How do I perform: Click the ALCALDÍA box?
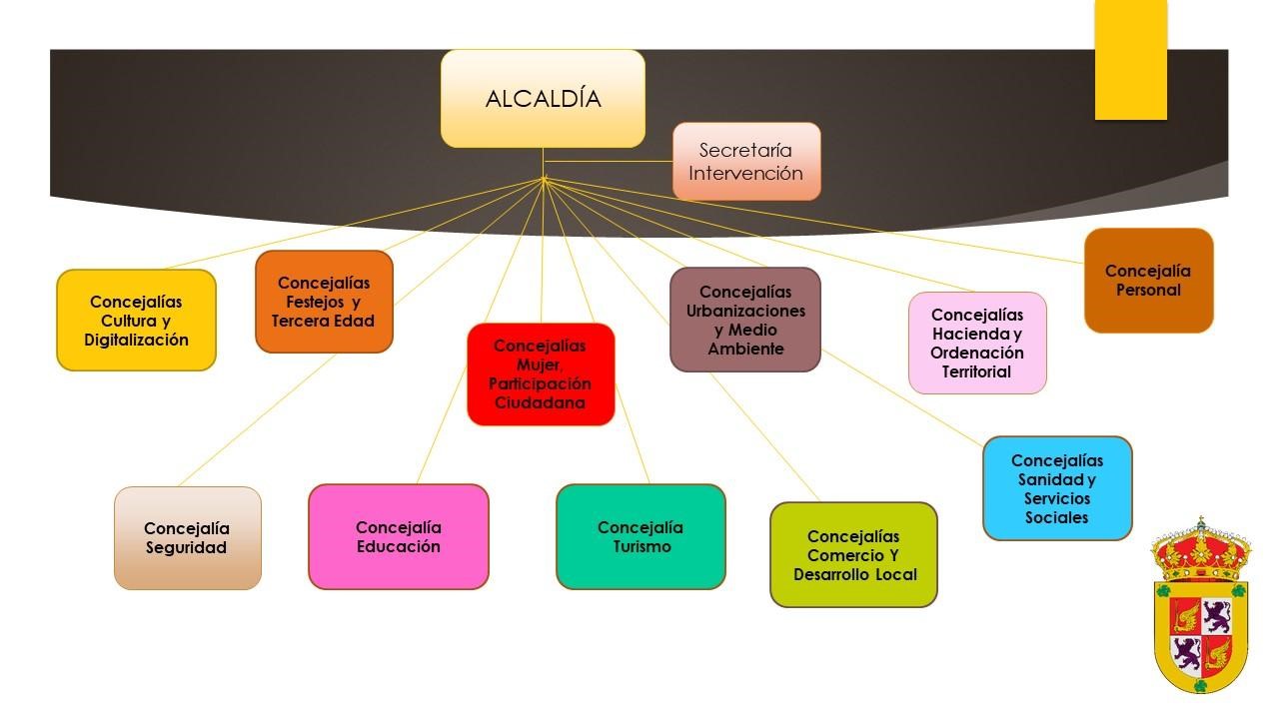tap(543, 99)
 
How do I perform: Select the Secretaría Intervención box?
tap(746, 162)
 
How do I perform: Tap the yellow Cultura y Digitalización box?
tap(136, 321)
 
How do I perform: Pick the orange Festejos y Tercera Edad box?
tap(324, 302)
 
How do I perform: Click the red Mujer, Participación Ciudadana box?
tap(541, 374)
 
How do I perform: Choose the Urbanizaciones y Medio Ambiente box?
tap(745, 320)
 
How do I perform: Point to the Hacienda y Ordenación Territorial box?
tap(977, 343)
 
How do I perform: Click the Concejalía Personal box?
tap(1148, 281)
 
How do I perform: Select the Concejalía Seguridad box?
tap(187, 538)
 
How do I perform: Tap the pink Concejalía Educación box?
tap(398, 537)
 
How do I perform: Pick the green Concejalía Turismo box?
tap(640, 537)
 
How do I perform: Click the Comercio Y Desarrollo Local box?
tap(853, 555)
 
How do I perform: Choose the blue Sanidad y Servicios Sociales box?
tap(1057, 488)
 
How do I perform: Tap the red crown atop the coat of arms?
tap(1200, 547)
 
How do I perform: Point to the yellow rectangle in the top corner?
tap(1131, 60)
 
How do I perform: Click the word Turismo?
tap(641, 547)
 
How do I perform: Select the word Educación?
tap(398, 547)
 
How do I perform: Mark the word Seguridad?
tap(187, 548)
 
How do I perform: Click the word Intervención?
tap(745, 174)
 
